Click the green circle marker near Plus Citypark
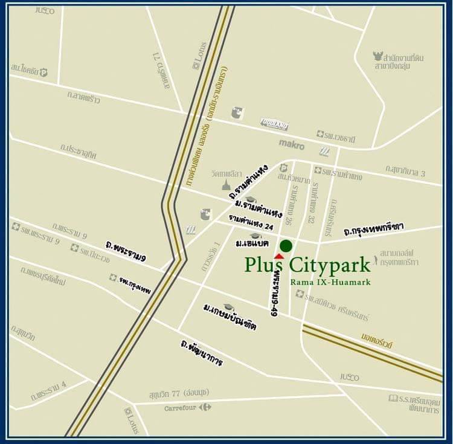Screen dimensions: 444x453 (286, 245)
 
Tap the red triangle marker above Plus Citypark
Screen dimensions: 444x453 (278, 256)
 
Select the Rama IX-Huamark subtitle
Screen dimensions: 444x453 (330, 282)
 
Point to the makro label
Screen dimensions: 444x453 (292, 144)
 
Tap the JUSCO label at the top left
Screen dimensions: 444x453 (44, 10)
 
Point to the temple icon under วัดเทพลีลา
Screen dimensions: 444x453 (226, 184)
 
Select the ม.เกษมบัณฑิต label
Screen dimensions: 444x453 (230, 318)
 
